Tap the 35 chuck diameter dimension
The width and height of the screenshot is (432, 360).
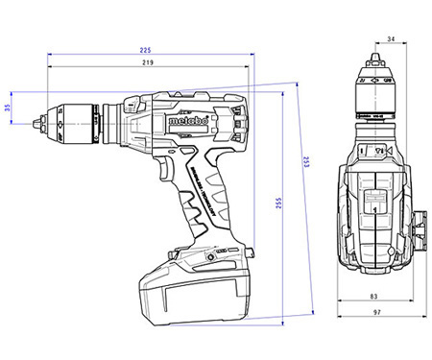click(x=9, y=108)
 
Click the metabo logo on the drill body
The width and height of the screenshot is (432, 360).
click(x=186, y=121)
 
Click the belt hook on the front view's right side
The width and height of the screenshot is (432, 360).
click(x=420, y=227)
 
